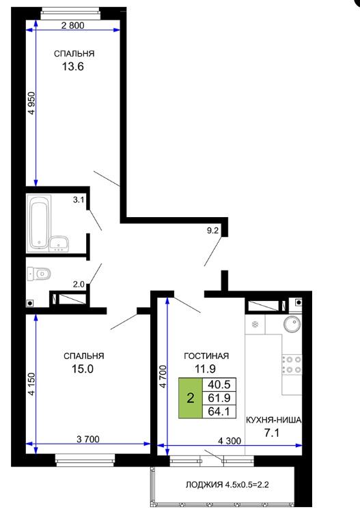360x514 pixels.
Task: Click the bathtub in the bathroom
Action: point(39,223)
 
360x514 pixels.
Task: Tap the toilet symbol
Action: point(40,274)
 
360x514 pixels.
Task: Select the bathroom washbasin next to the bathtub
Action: point(59,244)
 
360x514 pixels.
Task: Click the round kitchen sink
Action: point(292,324)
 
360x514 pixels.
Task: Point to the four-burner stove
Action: point(292,365)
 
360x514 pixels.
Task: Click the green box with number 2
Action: point(191,398)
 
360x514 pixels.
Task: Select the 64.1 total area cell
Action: point(219,412)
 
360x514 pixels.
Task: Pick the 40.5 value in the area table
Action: point(219,384)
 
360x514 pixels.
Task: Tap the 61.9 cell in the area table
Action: point(219,398)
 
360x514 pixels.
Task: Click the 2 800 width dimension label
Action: point(73,25)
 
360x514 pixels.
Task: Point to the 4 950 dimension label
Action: point(31,103)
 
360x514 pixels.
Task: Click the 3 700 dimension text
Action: point(88,439)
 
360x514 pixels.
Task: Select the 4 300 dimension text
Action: point(230,441)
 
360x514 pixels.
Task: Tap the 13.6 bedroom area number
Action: point(73,66)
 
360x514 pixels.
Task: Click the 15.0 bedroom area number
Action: point(83,369)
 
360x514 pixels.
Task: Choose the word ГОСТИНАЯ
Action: point(206,356)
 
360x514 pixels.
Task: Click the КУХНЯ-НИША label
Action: point(273,420)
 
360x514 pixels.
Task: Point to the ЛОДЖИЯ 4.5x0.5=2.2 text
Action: point(227,485)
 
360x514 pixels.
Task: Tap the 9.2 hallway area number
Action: point(212,231)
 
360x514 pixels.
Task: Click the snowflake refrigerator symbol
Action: point(255,324)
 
